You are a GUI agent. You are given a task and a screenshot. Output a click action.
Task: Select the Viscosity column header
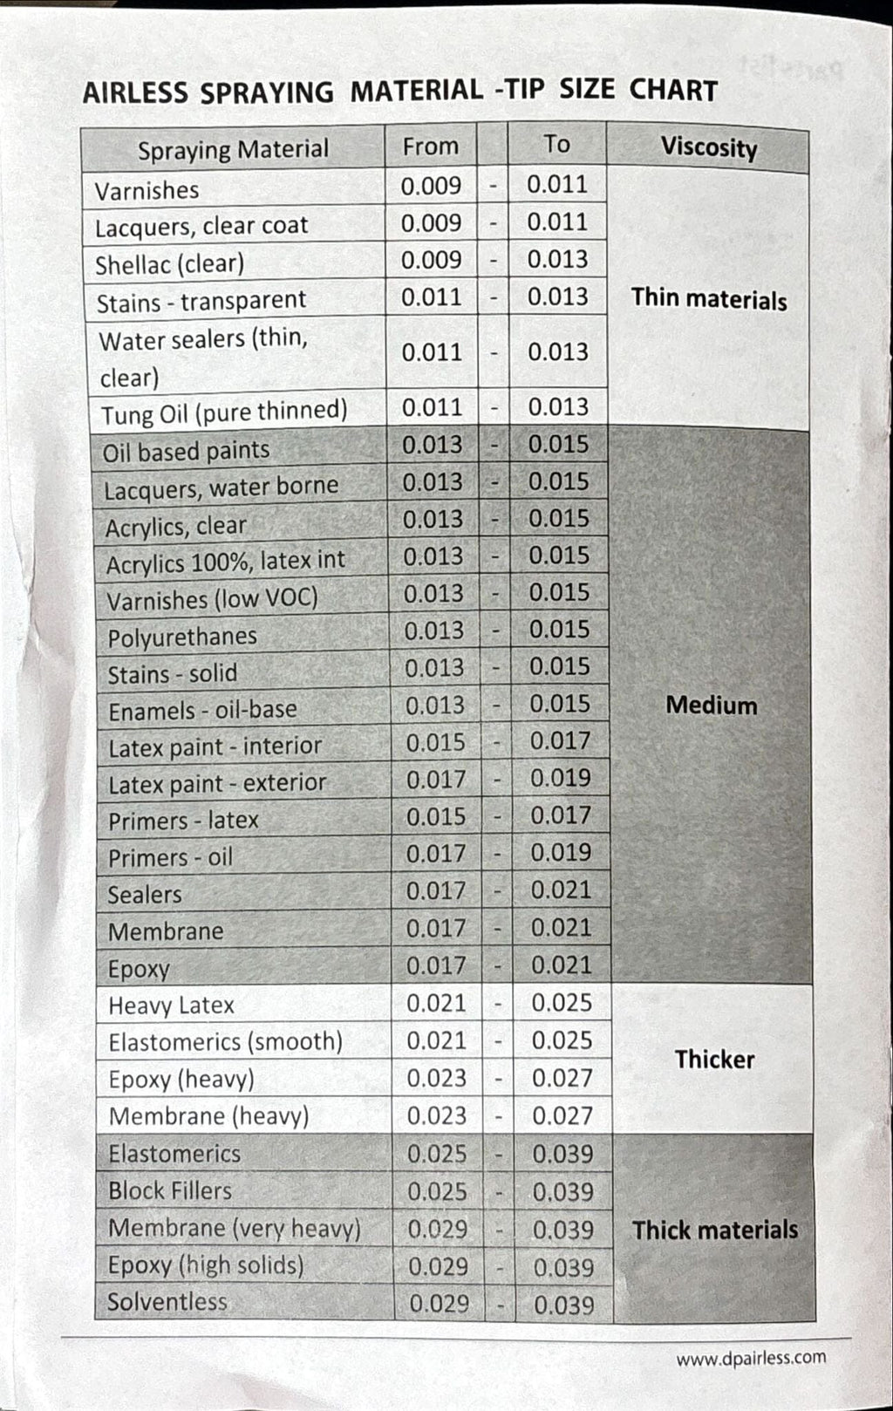(708, 147)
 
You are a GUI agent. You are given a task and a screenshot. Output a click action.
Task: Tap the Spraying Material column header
(233, 150)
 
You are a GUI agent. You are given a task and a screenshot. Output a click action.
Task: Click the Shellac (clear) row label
(169, 263)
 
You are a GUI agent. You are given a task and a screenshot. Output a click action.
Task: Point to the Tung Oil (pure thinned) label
(224, 412)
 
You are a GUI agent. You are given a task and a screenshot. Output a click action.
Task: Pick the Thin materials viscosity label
(709, 299)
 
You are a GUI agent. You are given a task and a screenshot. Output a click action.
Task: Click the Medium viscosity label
(712, 705)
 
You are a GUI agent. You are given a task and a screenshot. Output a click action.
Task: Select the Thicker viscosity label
(714, 1060)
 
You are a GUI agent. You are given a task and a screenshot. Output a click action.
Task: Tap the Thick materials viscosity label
(715, 1230)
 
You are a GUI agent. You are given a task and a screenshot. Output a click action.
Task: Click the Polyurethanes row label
(182, 637)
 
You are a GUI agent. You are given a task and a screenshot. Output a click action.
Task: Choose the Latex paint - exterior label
(217, 783)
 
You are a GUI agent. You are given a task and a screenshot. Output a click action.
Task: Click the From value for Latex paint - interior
(435, 742)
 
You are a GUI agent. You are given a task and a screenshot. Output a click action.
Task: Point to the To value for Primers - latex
(561, 815)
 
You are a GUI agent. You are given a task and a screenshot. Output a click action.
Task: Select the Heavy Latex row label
(171, 1005)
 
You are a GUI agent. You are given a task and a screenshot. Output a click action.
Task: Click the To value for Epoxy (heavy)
(562, 1078)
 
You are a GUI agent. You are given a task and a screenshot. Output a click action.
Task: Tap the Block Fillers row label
(170, 1190)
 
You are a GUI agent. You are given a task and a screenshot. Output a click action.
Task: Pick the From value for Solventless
(439, 1304)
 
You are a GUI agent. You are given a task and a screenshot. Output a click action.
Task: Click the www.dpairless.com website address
(750, 1358)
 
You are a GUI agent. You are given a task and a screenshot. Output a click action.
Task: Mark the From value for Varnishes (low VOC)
(433, 593)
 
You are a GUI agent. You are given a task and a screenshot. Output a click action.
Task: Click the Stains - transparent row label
(201, 301)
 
